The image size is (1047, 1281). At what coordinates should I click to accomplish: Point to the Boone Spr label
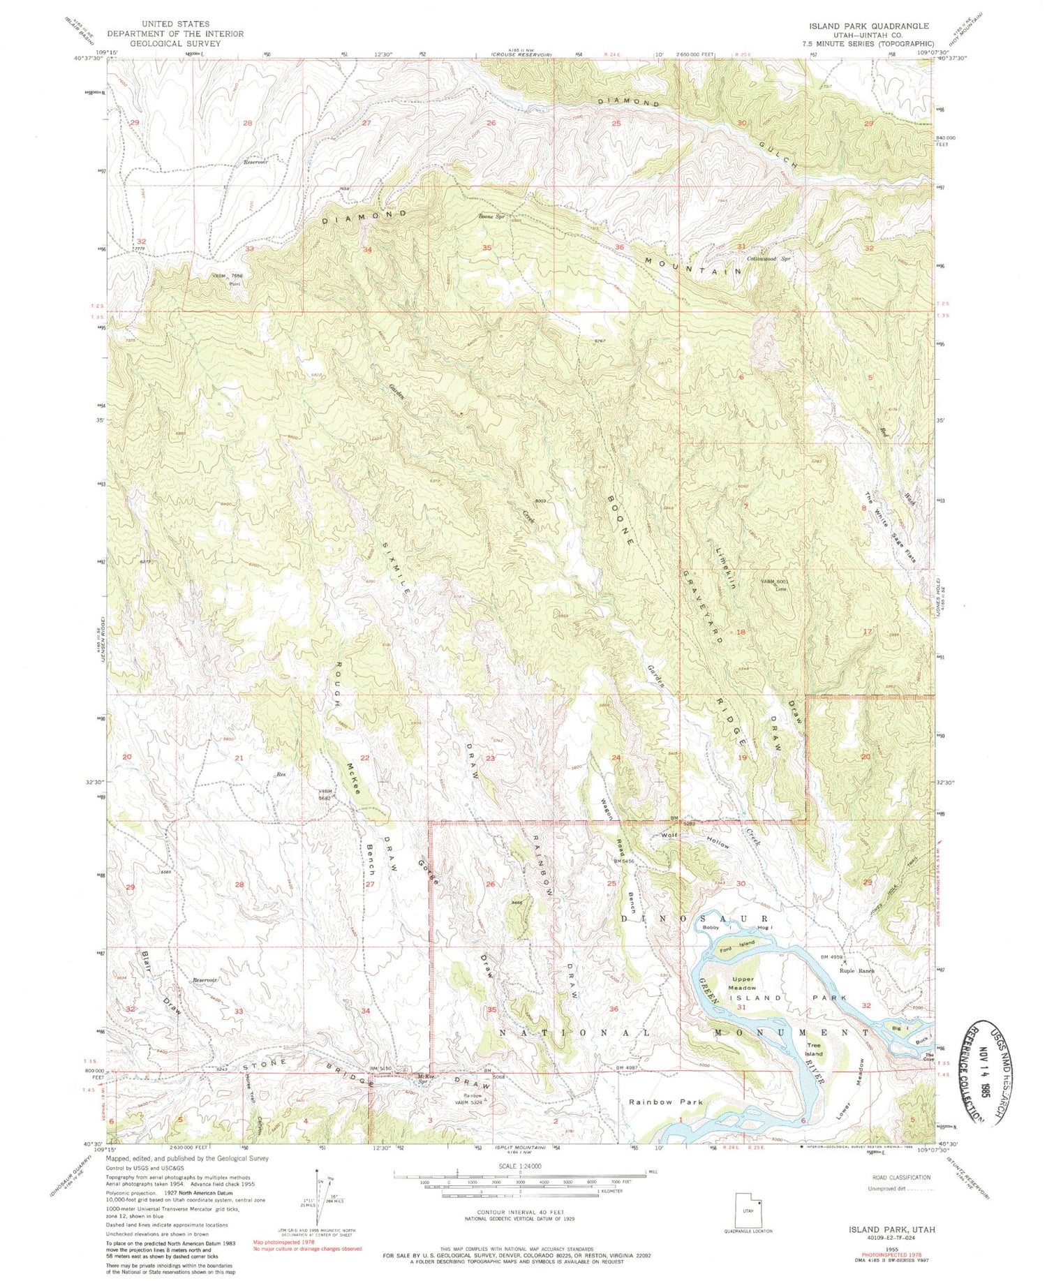(x=491, y=217)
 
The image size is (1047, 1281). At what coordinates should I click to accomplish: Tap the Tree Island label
(x=814, y=1049)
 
